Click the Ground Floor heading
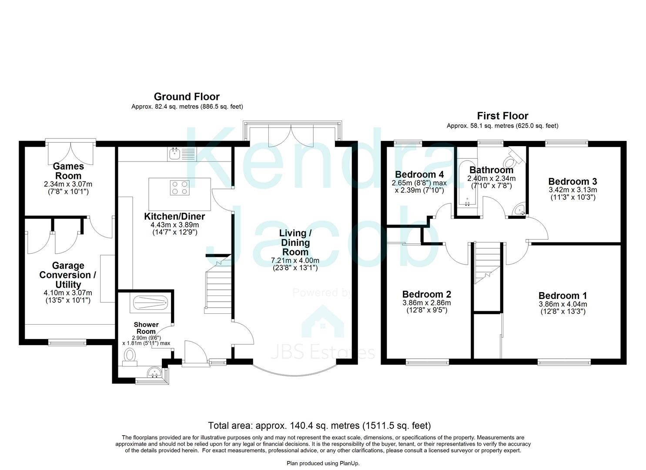[187, 97]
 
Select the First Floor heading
[502, 116]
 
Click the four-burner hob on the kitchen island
[180, 188]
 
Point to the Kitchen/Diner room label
[174, 216]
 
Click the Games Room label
[68, 171]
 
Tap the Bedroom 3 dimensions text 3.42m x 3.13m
[572, 190]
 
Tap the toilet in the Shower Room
[130, 356]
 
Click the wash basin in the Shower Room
[154, 372]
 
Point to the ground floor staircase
[218, 287]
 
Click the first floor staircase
[487, 263]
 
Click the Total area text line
[319, 426]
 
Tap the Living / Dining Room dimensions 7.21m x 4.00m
[295, 261]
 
